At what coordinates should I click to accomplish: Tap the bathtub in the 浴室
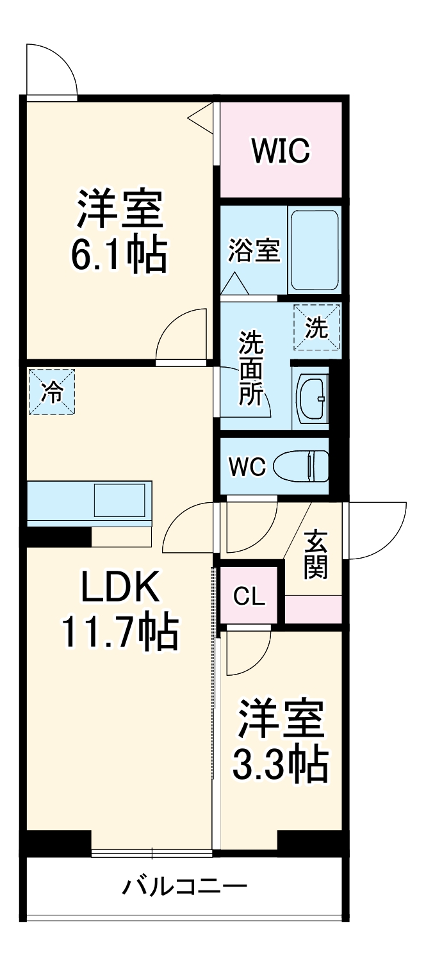(x=314, y=250)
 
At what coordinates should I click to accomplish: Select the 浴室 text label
(x=254, y=251)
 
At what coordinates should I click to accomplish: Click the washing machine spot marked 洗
(x=316, y=327)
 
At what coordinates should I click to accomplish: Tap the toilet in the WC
(x=301, y=466)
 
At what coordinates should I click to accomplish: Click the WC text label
(x=248, y=467)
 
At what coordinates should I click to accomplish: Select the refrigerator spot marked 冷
(x=51, y=392)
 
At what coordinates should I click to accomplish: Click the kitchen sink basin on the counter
(x=120, y=500)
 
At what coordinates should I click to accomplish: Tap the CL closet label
(x=249, y=597)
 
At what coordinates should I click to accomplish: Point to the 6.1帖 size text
(x=119, y=256)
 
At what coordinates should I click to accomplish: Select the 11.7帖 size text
(x=119, y=632)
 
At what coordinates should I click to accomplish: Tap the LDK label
(x=119, y=587)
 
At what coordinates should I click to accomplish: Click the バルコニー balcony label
(x=184, y=887)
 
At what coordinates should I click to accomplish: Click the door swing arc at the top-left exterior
(x=51, y=69)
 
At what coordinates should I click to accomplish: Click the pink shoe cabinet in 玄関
(x=313, y=609)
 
